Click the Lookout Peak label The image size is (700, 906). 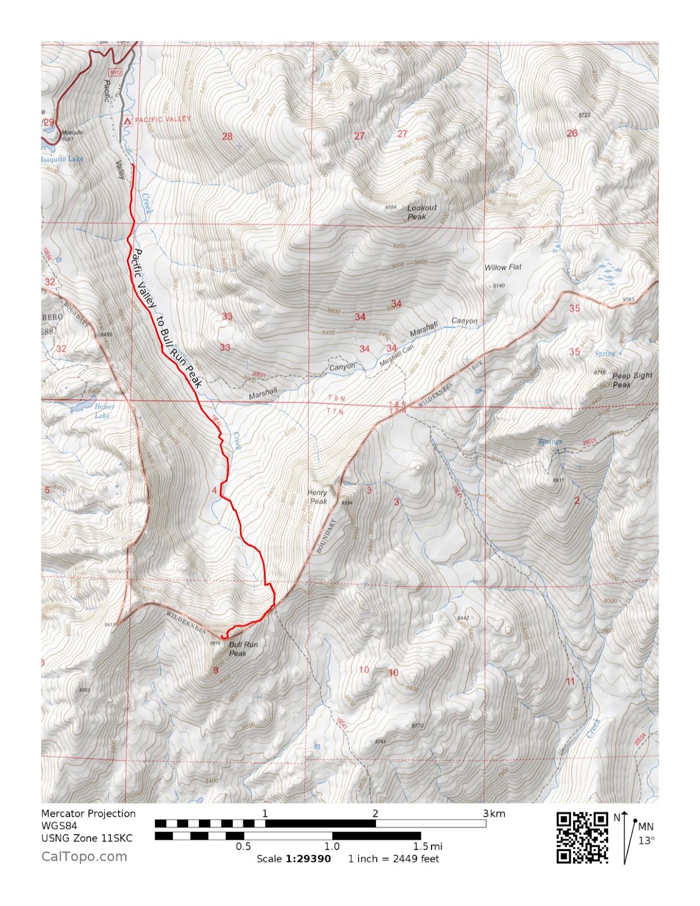point(421,212)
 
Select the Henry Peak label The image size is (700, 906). point(317,497)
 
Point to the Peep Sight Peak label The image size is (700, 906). point(631,380)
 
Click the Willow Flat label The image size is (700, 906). point(502,267)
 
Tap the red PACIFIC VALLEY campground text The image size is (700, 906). point(163,119)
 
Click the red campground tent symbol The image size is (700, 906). point(127,120)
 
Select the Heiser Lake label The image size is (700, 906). point(104,411)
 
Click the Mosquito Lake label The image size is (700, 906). point(62,159)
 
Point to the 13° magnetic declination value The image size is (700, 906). point(646,840)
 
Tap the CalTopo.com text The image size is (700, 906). point(84,856)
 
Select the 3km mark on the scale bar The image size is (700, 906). point(493,814)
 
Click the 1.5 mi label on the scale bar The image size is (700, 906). point(428,846)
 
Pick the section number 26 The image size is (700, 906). point(572,133)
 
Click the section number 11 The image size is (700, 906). point(570,681)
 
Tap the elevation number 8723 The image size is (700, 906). point(584,115)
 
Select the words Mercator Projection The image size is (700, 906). point(88,813)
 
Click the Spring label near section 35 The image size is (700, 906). point(604,353)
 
